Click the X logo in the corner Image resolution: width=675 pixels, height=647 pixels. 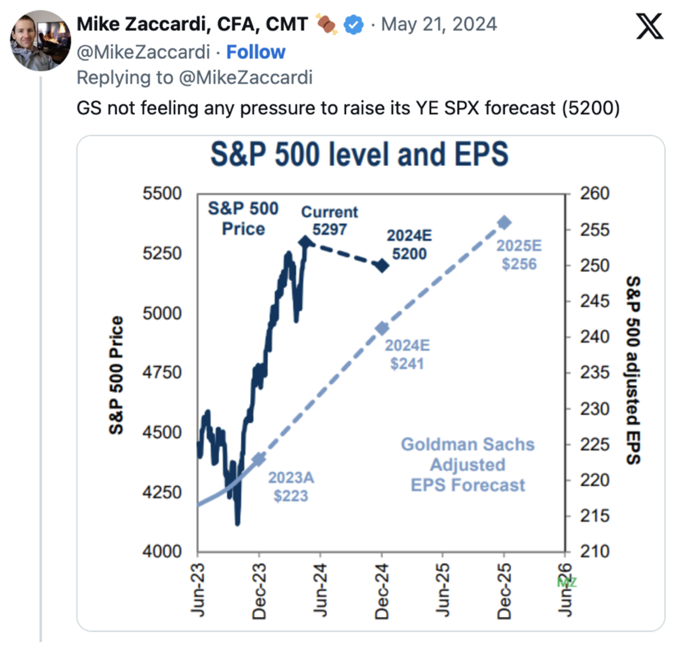(x=650, y=26)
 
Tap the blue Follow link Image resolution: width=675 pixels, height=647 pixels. (x=255, y=52)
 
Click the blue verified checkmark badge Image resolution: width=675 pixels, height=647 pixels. (x=353, y=25)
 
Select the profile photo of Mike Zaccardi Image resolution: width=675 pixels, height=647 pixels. (x=40, y=41)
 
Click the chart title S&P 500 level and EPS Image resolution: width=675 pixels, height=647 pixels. (x=359, y=154)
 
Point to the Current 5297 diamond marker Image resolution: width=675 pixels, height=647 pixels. (x=305, y=242)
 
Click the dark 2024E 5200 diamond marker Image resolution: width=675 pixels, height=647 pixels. (x=382, y=265)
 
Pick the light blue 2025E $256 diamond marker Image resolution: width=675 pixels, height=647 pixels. (x=505, y=223)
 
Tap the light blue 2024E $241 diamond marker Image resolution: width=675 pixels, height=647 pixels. (x=382, y=328)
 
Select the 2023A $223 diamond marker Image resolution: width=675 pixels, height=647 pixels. (x=259, y=459)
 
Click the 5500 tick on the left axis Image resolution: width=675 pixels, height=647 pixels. (x=162, y=194)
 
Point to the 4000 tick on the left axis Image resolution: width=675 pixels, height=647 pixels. (x=162, y=551)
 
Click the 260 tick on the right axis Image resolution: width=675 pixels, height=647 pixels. (x=595, y=194)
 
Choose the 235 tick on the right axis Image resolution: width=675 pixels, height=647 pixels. (x=595, y=372)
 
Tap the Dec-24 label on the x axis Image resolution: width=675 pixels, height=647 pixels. (x=382, y=591)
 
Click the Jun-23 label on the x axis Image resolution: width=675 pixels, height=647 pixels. (x=197, y=591)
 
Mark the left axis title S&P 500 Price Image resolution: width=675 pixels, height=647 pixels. (x=116, y=375)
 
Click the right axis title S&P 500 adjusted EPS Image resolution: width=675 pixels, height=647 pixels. (x=633, y=370)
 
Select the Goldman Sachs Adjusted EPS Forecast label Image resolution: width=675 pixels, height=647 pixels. (x=467, y=465)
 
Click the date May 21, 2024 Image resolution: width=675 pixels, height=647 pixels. (x=439, y=25)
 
